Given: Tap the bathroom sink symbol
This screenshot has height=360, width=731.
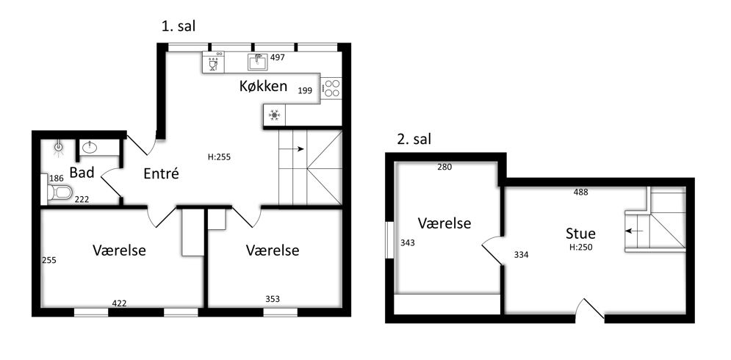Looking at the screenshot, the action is pos(89,148).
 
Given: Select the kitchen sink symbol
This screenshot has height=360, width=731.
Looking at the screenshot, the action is pos(257,61).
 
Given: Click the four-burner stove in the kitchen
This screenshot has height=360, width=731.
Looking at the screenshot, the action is pos(331,88).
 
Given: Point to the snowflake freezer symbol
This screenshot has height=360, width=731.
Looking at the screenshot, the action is pos(274,115).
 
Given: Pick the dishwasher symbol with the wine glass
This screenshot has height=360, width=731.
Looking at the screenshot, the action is pos(214,62).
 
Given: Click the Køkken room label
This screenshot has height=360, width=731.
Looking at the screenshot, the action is pos(263,86).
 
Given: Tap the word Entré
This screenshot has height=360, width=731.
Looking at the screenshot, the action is pos(161,173).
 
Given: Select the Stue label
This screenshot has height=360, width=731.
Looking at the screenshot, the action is pos(580,233).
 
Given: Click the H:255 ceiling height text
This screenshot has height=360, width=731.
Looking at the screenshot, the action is pos(219,157).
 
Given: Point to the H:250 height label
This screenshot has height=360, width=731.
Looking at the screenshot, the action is pos(581,248).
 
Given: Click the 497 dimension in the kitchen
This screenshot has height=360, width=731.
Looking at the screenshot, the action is pos(278,58).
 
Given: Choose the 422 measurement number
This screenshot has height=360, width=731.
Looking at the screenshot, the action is pos(119,303).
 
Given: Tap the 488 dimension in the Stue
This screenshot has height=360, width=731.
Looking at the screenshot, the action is pos(581,192).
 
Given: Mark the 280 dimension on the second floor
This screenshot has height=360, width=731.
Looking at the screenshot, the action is pos(444,167).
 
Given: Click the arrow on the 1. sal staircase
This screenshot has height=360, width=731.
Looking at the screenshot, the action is pos(294,149).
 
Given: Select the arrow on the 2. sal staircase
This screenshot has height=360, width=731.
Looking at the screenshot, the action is pos(634,231).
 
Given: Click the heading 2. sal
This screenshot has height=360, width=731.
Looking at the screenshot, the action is pos(414,139).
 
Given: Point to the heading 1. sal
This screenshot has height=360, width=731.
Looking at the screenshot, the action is pos(178,26).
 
